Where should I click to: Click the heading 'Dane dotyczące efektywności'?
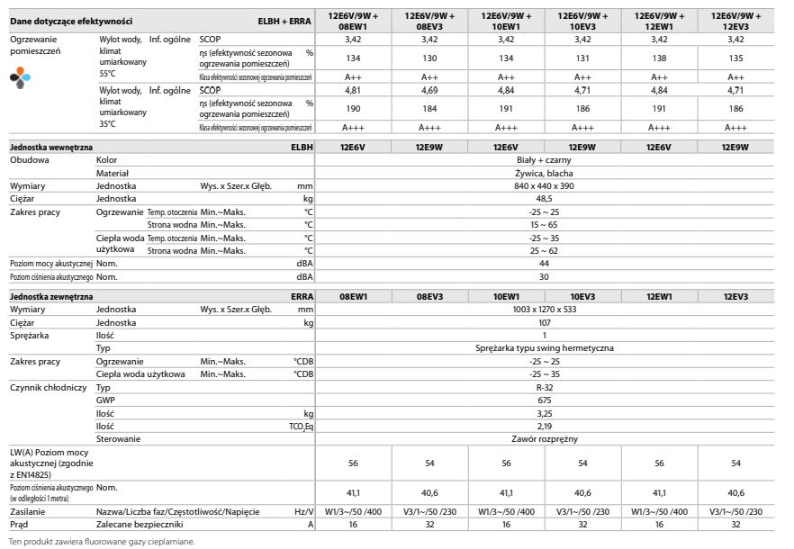(71, 19)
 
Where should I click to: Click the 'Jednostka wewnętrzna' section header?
(50, 146)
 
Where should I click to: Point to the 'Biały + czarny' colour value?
(545, 159)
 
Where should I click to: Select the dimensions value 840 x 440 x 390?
(545, 185)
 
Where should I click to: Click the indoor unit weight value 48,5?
(545, 198)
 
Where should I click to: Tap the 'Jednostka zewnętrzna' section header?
(51, 296)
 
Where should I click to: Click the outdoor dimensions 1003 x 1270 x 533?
(545, 309)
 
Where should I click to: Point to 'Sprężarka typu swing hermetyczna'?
(545, 347)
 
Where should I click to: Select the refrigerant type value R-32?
(545, 386)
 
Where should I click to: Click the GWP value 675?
(545, 400)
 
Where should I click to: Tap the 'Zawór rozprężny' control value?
(545, 438)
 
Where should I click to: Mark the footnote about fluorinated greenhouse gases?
(101, 542)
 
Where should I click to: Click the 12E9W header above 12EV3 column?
(735, 146)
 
